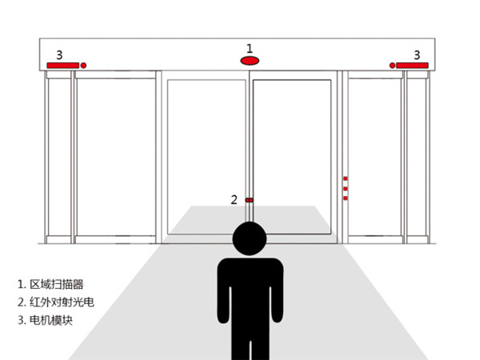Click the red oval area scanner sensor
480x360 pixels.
click(250, 61)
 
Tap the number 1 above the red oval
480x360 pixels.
click(250, 48)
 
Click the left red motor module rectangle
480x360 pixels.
click(62, 66)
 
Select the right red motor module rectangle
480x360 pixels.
click(412, 66)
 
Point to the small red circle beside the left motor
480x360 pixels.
click(83, 66)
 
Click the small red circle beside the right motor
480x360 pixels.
click(392, 66)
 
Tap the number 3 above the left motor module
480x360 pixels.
click(59, 55)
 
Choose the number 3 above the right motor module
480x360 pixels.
click(417, 55)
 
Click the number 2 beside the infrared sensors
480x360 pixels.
click(234, 200)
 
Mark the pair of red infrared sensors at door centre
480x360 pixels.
click(249, 200)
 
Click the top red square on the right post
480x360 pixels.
click(346, 178)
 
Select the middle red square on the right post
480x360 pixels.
click(346, 189)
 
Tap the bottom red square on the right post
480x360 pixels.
click(346, 198)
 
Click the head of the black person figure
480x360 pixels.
click(250, 238)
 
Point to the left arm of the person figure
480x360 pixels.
click(223, 294)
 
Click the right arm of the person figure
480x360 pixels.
click(278, 294)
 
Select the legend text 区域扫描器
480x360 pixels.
click(57, 284)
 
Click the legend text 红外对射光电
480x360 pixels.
click(62, 302)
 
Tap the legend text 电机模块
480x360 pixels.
click(51, 320)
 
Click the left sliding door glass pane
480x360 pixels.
click(206, 157)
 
